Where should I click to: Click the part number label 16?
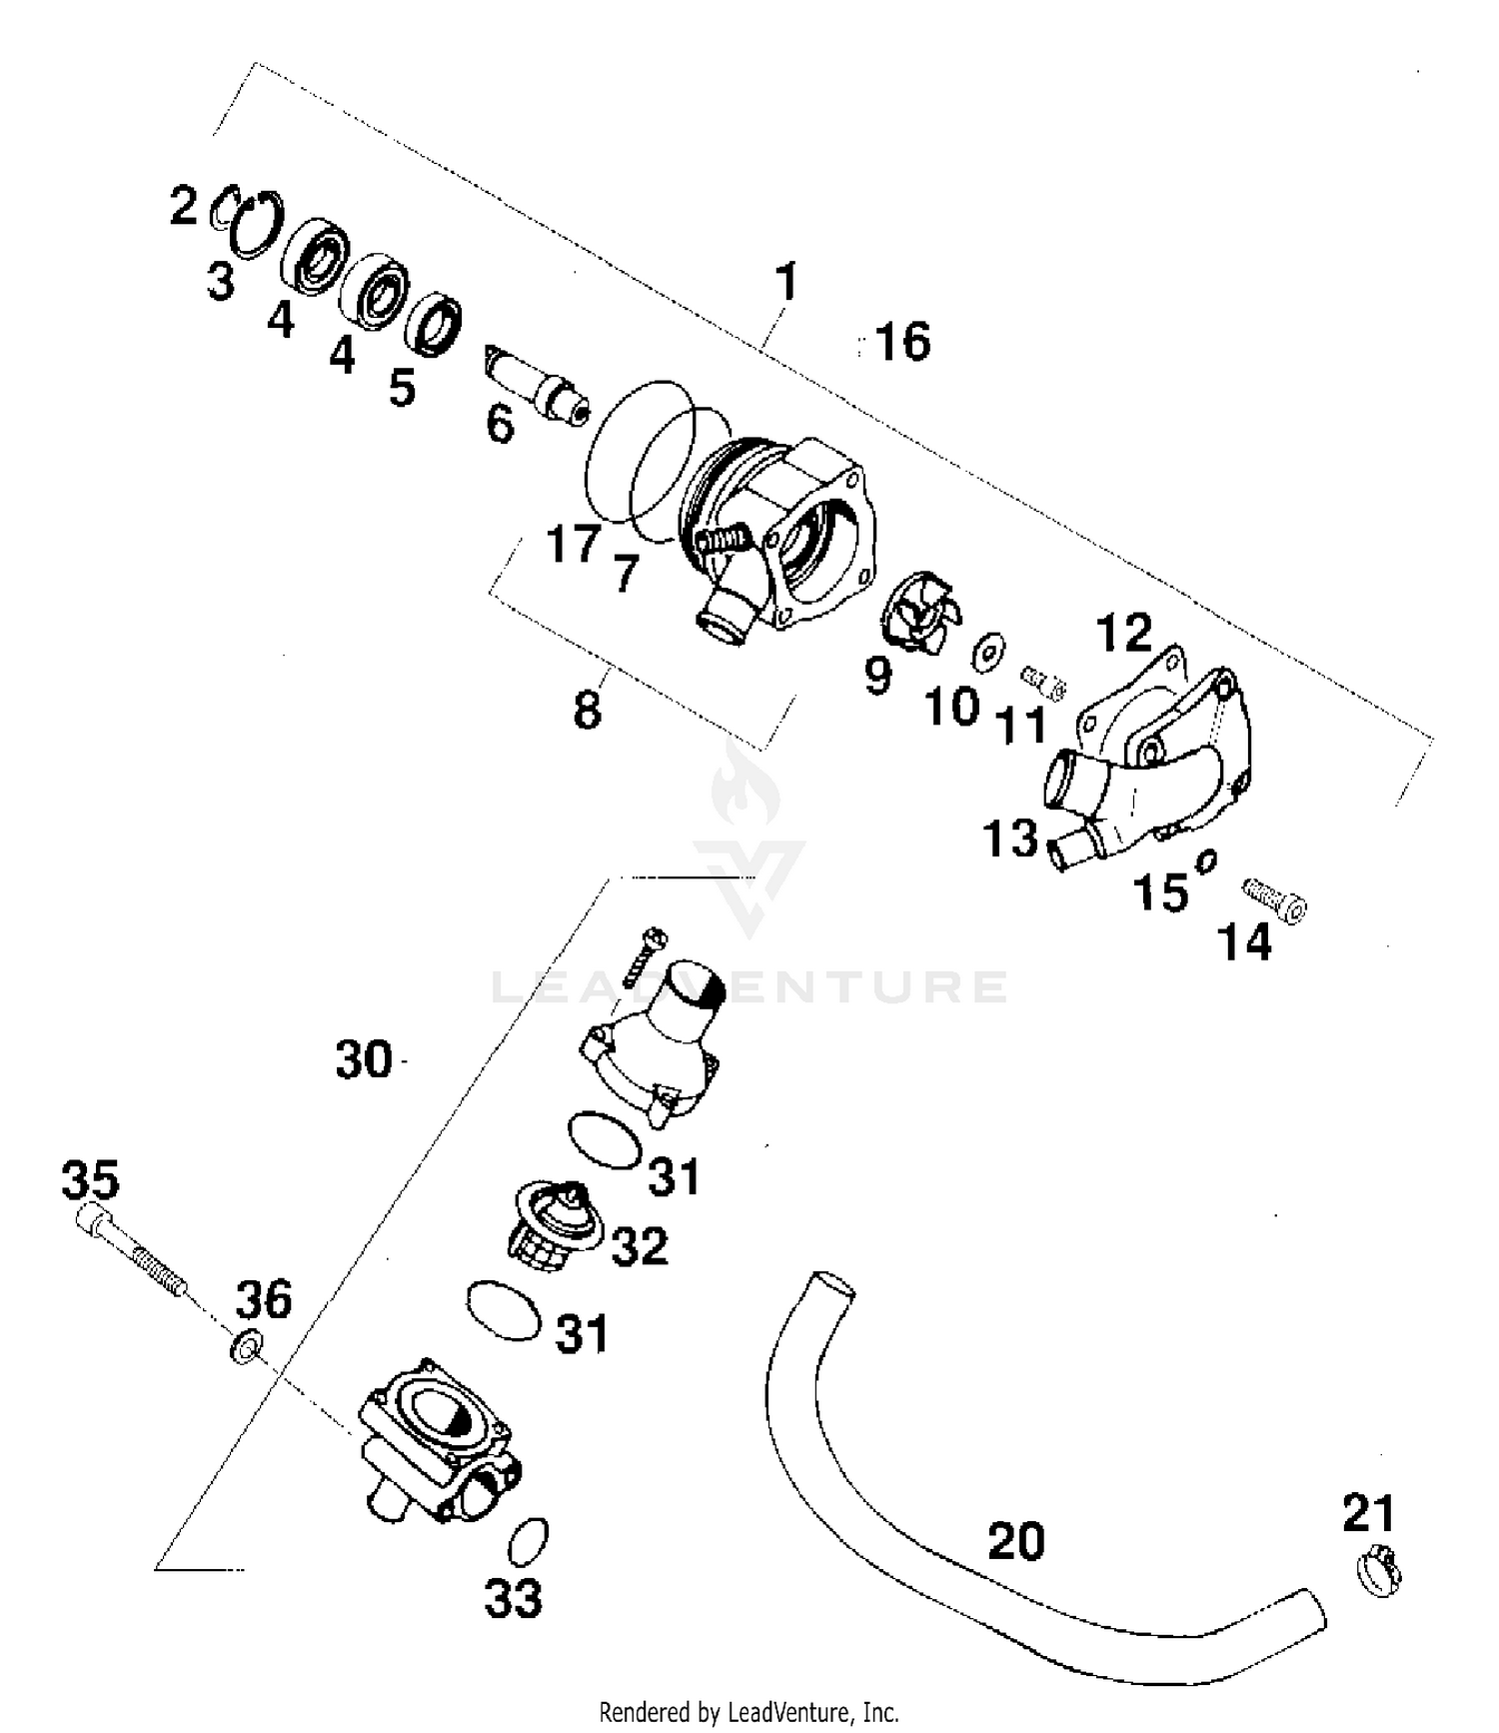click(x=902, y=341)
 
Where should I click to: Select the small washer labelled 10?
click(x=988, y=652)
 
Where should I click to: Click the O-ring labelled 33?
click(x=529, y=1542)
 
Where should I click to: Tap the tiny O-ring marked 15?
click(x=1205, y=861)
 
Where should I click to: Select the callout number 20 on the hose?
click(x=1015, y=1540)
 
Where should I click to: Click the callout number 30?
click(x=364, y=1059)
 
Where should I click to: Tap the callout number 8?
click(x=588, y=710)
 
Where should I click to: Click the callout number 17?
click(x=573, y=545)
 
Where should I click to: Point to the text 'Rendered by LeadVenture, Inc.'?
click(x=749, y=1712)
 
